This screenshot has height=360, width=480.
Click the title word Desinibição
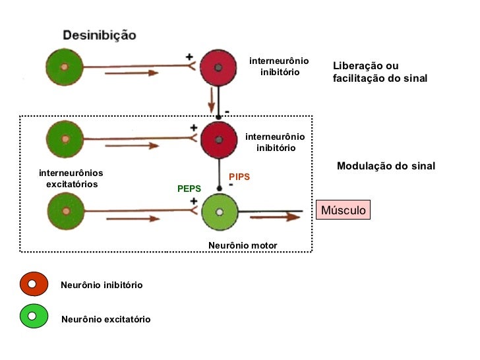click(100, 34)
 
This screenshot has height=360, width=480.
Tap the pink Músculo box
click(343, 210)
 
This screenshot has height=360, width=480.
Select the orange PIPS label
click(239, 177)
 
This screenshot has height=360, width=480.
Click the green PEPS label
click(189, 189)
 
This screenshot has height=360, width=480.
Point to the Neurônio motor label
click(243, 245)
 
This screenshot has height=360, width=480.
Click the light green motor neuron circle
click(219, 212)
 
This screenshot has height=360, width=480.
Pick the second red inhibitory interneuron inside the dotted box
click(218, 139)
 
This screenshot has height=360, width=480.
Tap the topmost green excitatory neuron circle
click(64, 68)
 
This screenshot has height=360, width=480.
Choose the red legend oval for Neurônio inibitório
click(34, 284)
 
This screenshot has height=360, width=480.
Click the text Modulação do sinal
click(386, 166)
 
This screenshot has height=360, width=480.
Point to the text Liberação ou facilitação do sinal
click(380, 72)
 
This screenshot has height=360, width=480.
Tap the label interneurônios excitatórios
click(71, 179)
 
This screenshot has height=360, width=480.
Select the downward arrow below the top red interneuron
click(212, 101)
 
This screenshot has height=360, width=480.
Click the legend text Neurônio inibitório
click(102, 285)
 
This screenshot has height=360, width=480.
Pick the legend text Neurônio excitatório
click(105, 320)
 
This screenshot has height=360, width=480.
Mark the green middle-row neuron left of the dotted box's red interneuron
click(65, 140)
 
